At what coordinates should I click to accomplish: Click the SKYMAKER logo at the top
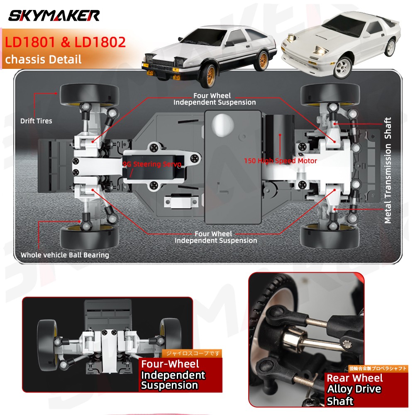click(x=54, y=16)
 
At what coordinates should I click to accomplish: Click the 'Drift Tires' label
click(x=37, y=121)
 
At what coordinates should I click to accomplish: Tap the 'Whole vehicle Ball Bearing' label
click(x=65, y=255)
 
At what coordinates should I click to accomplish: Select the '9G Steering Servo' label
click(x=152, y=164)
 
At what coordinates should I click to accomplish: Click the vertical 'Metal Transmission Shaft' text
click(x=388, y=171)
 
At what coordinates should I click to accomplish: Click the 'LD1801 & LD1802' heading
click(x=65, y=42)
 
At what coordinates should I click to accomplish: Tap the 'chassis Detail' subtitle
click(x=43, y=59)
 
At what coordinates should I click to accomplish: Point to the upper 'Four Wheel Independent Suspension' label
click(x=214, y=99)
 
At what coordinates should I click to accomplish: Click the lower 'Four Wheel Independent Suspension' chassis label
click(x=215, y=237)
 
